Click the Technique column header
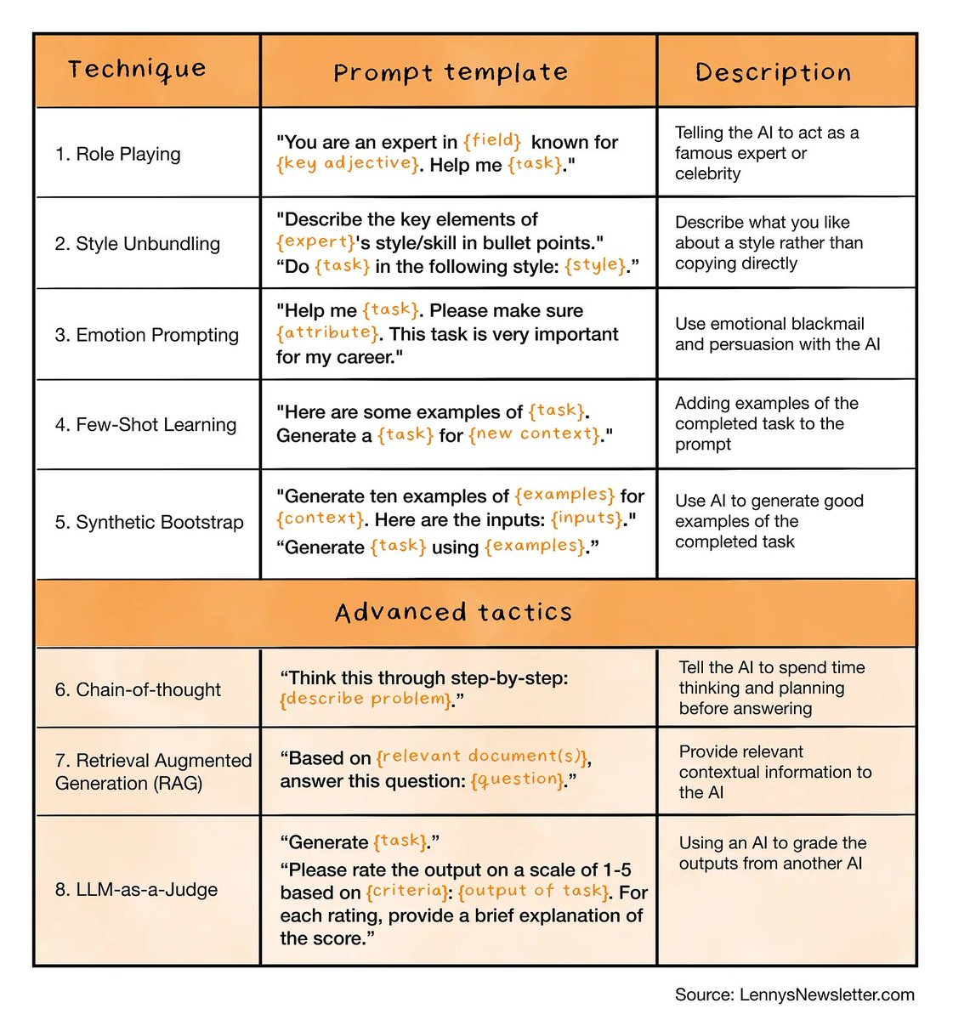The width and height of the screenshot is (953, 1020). pyautogui.click(x=137, y=70)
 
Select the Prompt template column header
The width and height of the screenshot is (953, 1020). pyautogui.click(x=451, y=73)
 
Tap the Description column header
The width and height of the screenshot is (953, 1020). pyautogui.click(x=773, y=73)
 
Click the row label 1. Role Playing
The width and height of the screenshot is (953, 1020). pyautogui.click(x=117, y=154)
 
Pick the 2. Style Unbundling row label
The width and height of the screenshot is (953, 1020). pyautogui.click(x=137, y=244)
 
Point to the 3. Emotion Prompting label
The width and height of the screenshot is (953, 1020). pyautogui.click(x=146, y=335)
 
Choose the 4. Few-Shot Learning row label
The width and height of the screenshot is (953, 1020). pyautogui.click(x=145, y=425)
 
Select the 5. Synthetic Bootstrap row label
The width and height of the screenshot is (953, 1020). pyautogui.click(x=149, y=522)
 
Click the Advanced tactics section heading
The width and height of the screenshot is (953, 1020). pyautogui.click(x=453, y=613)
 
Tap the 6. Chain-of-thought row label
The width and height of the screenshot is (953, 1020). pyautogui.click(x=138, y=689)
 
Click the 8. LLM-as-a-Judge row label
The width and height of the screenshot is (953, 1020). pyautogui.click(x=136, y=889)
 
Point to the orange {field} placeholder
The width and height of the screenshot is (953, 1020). pyautogui.click(x=492, y=141)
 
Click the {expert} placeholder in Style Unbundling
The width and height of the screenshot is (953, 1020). pyautogui.click(x=315, y=242)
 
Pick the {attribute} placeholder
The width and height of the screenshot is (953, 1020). pyautogui.click(x=327, y=333)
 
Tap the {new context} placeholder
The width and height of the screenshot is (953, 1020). pyautogui.click(x=536, y=434)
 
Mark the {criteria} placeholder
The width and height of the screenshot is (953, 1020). pyautogui.click(x=407, y=892)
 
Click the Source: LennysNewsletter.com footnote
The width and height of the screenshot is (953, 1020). pyautogui.click(x=794, y=994)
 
